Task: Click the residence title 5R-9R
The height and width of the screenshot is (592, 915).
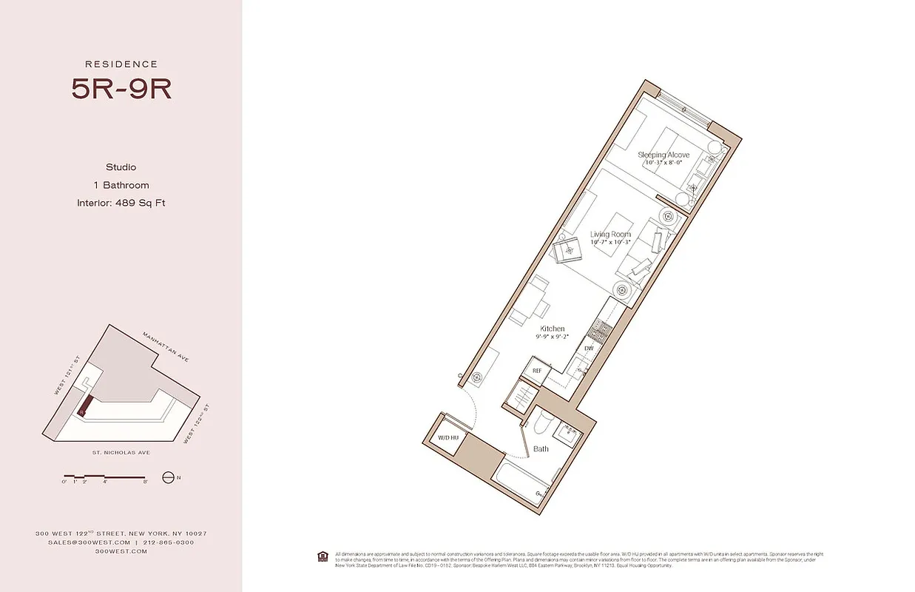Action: point(121,89)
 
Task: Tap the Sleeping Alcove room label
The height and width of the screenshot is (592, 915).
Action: point(664,155)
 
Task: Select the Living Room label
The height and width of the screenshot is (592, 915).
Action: point(610,235)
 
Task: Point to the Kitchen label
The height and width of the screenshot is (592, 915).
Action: point(552,329)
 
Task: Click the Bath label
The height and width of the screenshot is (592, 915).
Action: point(541,449)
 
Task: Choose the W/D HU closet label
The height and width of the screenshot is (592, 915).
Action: point(448,438)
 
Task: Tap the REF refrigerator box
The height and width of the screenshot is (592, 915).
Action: point(537,370)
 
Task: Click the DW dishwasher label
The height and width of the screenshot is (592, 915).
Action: point(589,348)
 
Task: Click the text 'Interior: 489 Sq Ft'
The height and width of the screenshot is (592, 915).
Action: point(121,203)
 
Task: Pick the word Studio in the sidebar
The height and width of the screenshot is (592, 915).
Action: point(121,167)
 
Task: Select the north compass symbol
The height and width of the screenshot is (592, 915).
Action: point(167,477)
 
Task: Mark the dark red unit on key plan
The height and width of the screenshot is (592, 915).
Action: point(86,404)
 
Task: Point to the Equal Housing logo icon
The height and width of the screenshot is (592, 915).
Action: point(322,555)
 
